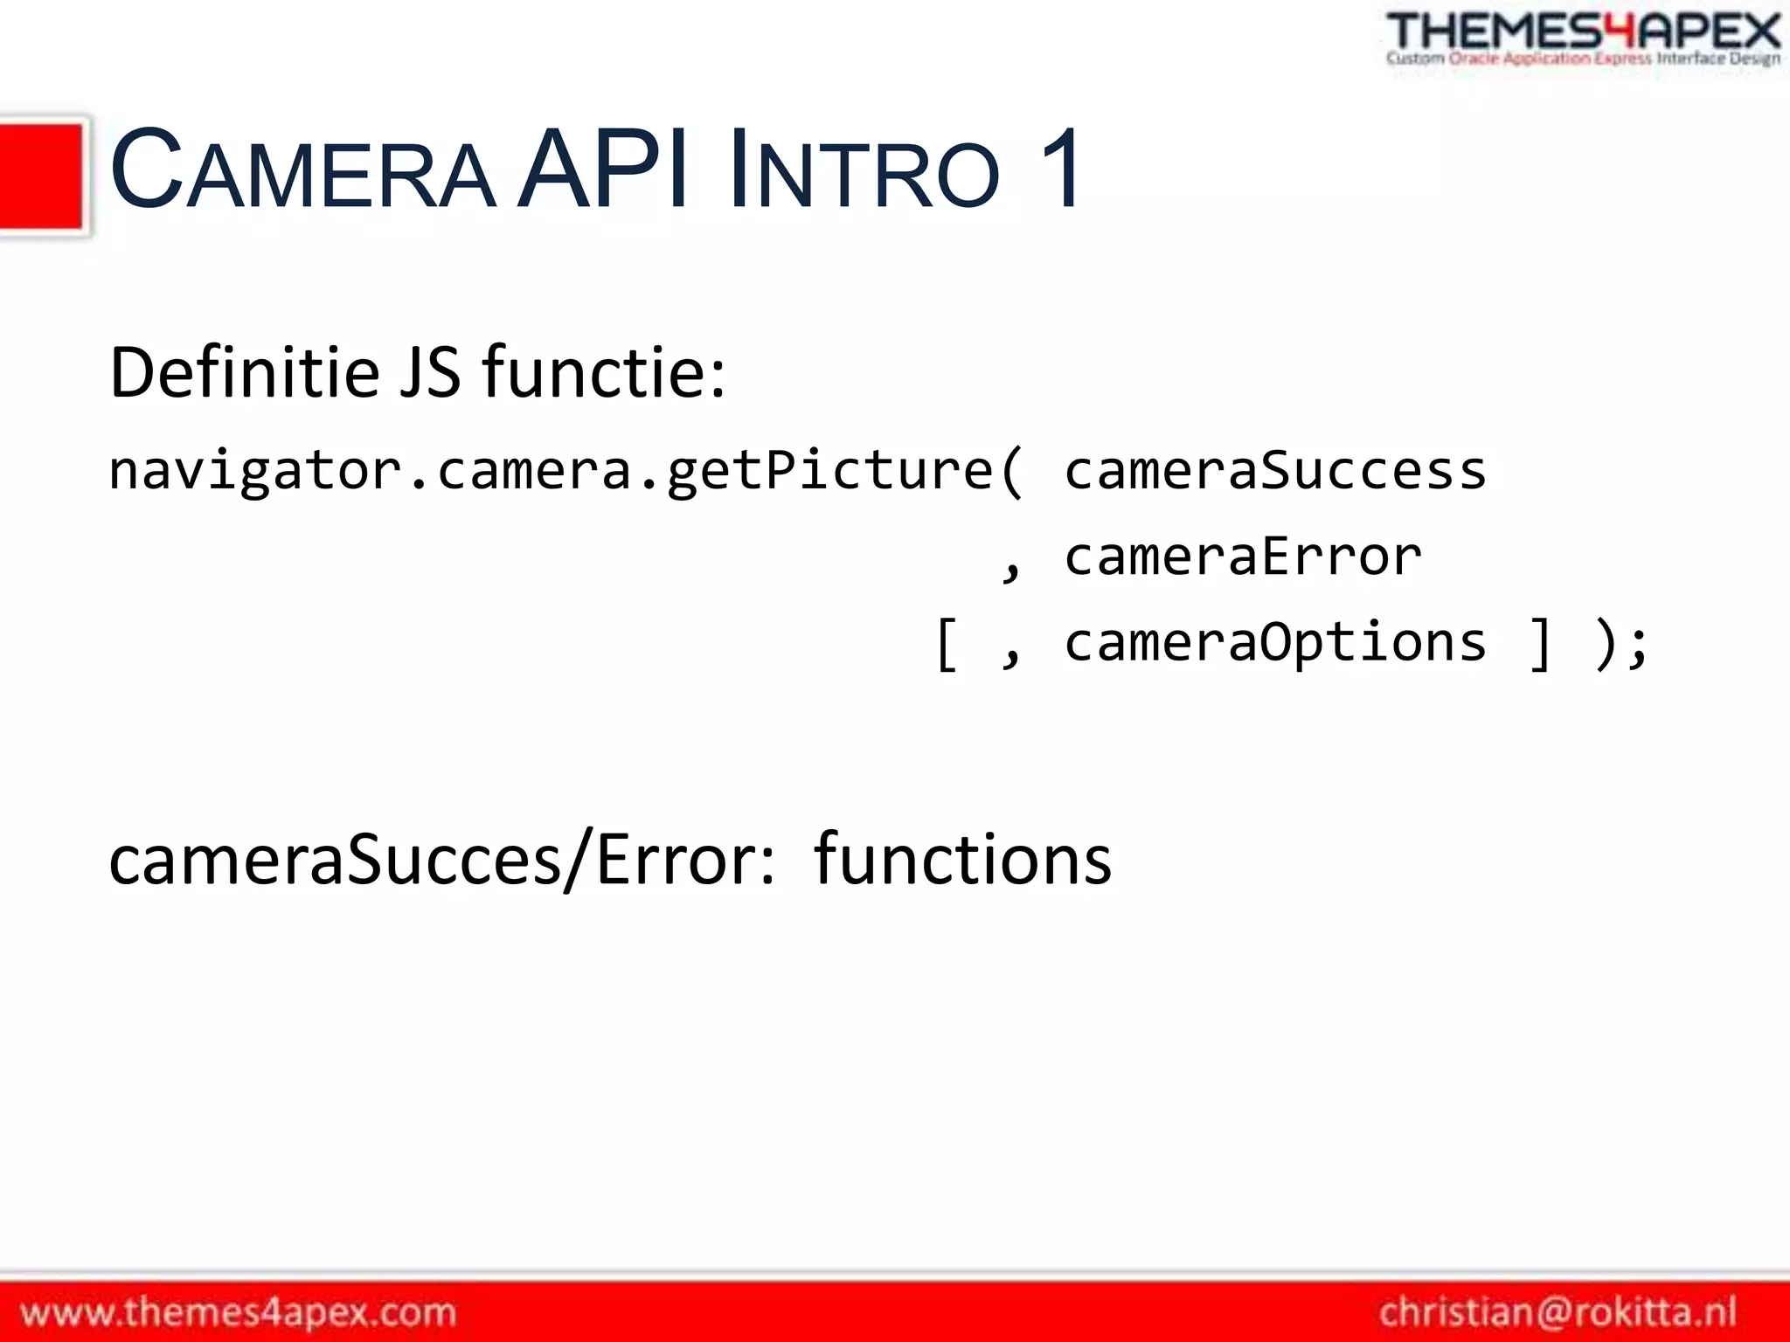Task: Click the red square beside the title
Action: click(42, 176)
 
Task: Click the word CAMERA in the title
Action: click(302, 169)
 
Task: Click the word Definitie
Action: click(246, 373)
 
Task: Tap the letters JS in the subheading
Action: click(429, 373)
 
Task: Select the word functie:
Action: click(603, 373)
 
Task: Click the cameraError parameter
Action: click(1242, 557)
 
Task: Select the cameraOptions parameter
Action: click(1274, 642)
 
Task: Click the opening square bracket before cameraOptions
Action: click(947, 644)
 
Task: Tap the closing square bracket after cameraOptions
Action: click(1540, 644)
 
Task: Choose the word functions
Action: click(961, 860)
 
